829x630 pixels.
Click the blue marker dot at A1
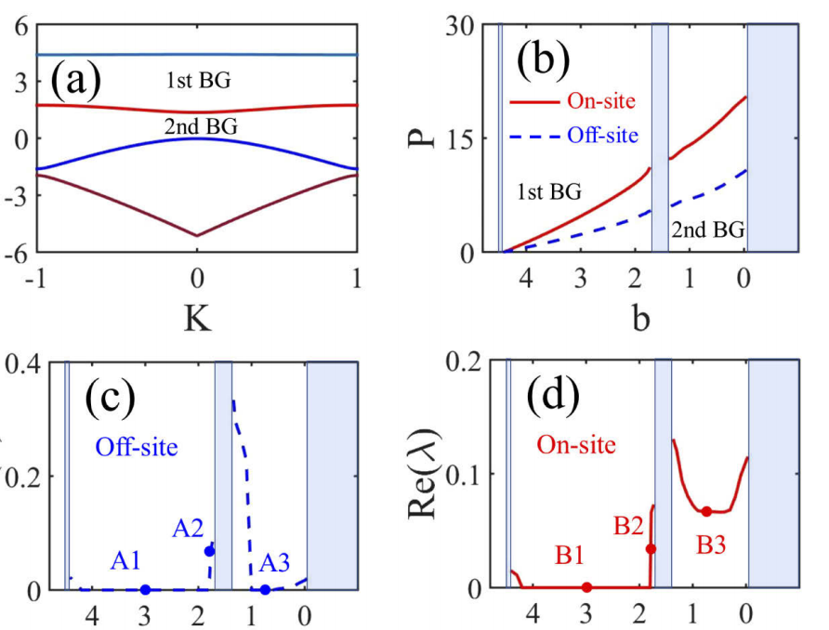click(x=145, y=589)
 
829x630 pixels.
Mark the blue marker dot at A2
click(x=210, y=551)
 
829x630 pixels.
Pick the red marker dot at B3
click(x=706, y=511)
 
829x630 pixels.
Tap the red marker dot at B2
click(x=651, y=549)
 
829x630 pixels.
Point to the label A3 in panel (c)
click(x=277, y=563)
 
